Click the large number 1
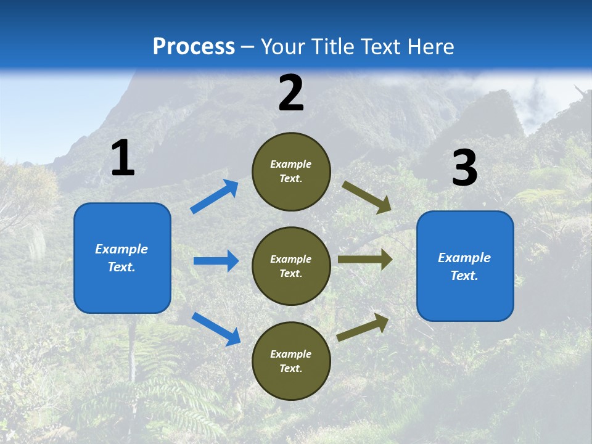point(123,158)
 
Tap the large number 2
point(291,93)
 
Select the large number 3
point(465,168)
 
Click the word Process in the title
point(194,47)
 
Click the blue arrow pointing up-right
point(214,197)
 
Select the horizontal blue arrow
point(216,261)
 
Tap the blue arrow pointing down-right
point(216,328)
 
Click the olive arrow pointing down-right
point(367,197)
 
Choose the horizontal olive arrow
point(365,260)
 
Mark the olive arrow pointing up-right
point(363,327)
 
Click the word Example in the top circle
point(291,164)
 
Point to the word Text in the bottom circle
point(290,368)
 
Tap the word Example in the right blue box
point(464,258)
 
